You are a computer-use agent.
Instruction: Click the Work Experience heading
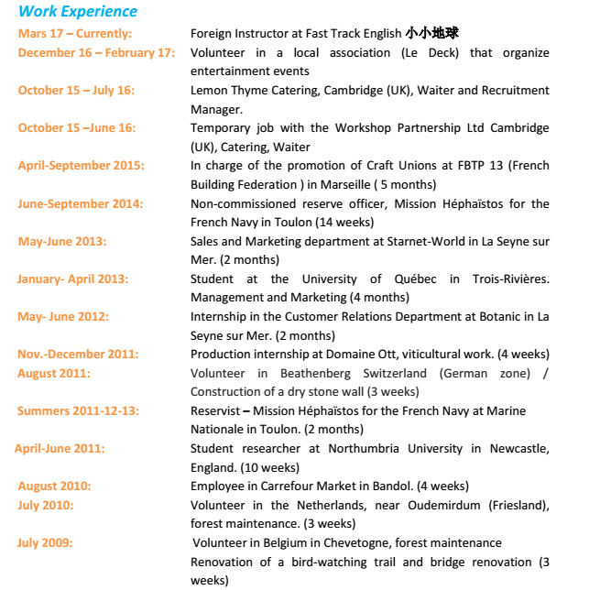78,12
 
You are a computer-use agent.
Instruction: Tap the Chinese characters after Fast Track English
431,34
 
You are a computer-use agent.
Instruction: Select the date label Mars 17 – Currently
75,34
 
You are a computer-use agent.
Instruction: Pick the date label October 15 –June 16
77,128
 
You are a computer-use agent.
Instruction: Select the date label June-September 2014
81,203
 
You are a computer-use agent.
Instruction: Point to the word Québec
409,279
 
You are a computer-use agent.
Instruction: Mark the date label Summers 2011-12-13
79,410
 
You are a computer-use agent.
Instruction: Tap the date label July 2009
45,542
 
